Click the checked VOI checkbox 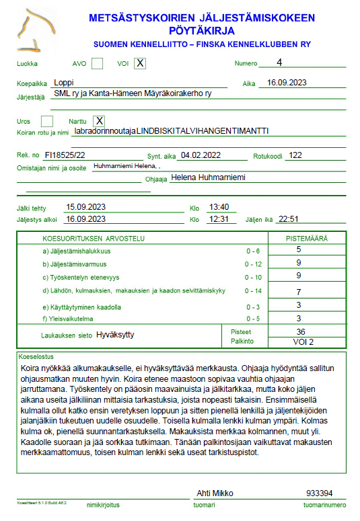[140, 64]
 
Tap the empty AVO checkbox [98, 64]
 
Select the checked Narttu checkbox [99, 121]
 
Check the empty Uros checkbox [47, 121]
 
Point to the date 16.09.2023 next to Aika [287, 83]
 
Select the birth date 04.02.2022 [201, 155]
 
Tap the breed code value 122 [295, 155]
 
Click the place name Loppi [64, 83]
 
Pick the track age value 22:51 [293, 218]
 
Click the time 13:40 [219, 207]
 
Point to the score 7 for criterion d [298, 292]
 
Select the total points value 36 [301, 331]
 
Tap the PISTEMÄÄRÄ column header [307, 238]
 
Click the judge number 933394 [319, 493]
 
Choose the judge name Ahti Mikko [213, 493]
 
